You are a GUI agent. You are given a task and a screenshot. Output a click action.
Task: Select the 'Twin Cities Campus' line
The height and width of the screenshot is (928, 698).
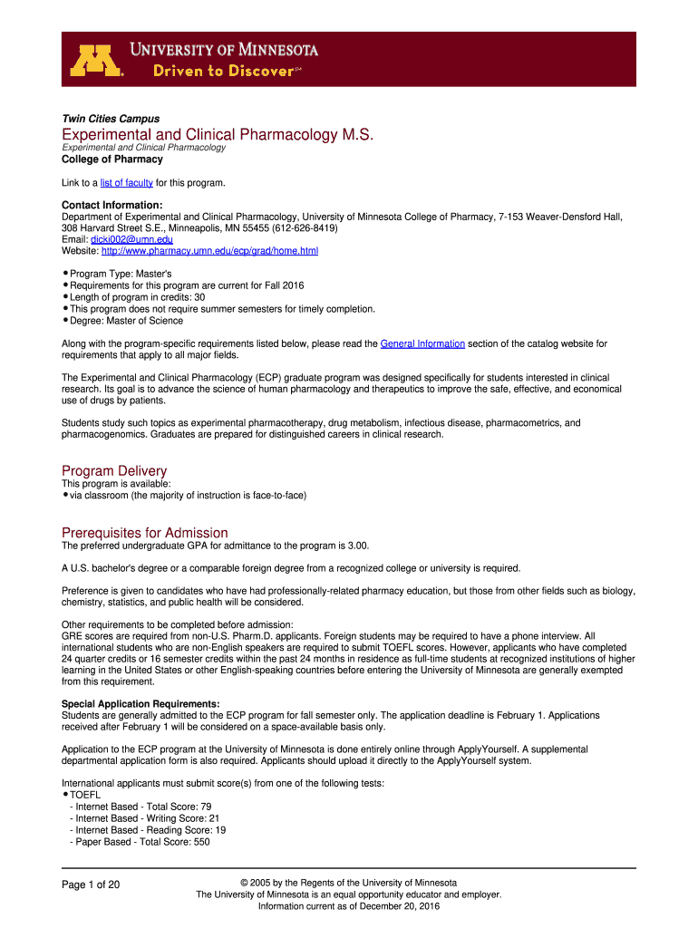pyautogui.click(x=110, y=119)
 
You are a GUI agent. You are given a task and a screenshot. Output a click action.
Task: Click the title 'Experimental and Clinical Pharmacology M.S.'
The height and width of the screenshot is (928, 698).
pyautogui.click(x=217, y=135)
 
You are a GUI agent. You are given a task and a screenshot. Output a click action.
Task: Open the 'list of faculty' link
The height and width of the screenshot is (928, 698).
pyautogui.click(x=126, y=183)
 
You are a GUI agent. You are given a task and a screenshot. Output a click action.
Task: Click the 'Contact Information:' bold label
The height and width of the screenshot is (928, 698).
pyautogui.click(x=111, y=206)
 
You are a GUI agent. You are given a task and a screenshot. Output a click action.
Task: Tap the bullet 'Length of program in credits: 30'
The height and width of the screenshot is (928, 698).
pyautogui.click(x=137, y=297)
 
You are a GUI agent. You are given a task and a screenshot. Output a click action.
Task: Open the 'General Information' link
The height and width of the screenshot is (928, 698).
pyautogui.click(x=422, y=344)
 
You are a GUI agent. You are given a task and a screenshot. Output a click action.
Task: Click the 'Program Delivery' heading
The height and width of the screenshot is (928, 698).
pyautogui.click(x=114, y=471)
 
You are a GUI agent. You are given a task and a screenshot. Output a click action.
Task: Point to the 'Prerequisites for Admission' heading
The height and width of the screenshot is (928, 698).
pyautogui.click(x=144, y=533)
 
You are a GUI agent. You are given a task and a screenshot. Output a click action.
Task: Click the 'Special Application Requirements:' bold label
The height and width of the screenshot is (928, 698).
pyautogui.click(x=141, y=704)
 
